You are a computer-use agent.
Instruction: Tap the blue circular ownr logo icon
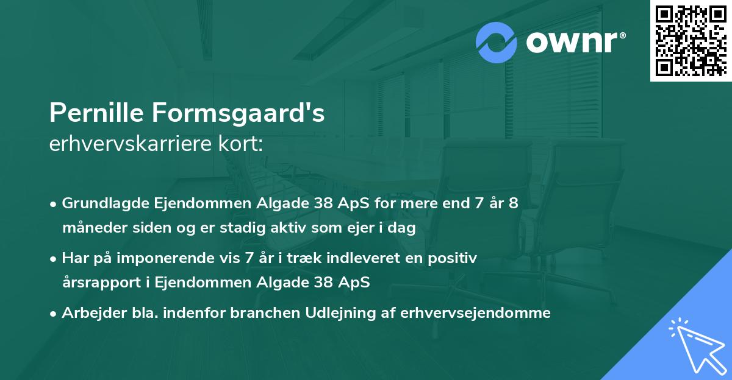497,43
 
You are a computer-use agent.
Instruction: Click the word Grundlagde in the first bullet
99,203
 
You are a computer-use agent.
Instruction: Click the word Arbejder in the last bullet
88,313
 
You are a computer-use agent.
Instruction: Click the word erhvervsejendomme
476,313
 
